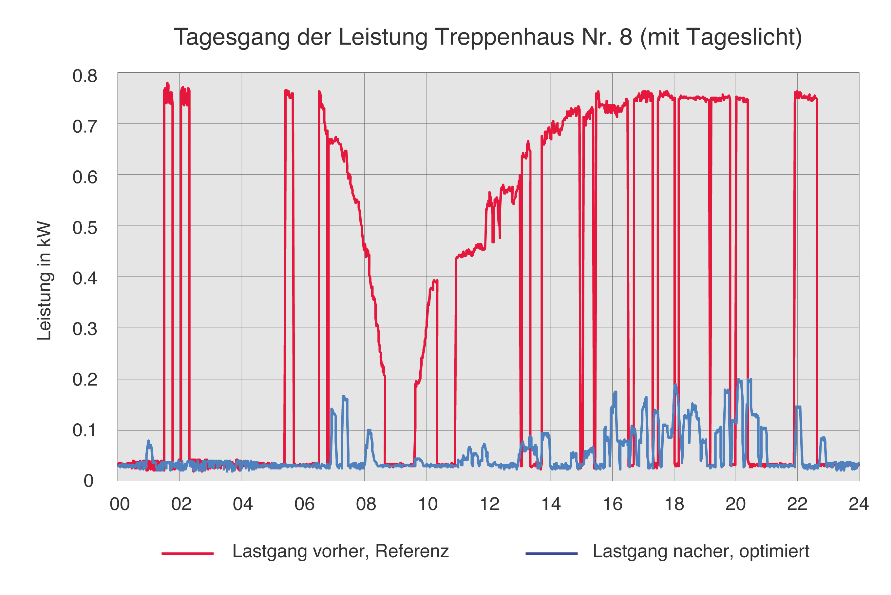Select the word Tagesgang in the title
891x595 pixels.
[231, 37]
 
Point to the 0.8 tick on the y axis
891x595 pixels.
[85, 76]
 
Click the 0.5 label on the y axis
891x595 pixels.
[85, 228]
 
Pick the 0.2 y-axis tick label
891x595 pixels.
[85, 379]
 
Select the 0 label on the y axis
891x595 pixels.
[88, 481]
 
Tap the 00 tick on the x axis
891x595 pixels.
[120, 504]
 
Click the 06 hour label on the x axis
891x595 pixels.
[304, 504]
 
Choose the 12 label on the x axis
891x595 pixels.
[489, 504]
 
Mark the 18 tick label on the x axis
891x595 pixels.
[674, 504]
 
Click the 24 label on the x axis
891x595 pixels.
[858, 504]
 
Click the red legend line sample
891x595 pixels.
[188, 554]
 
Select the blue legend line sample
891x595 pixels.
[552, 554]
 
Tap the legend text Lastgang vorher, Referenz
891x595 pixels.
[341, 551]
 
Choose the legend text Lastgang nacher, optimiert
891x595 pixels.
[701, 551]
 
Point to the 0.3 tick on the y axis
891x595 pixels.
[85, 329]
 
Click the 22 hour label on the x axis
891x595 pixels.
[797, 504]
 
